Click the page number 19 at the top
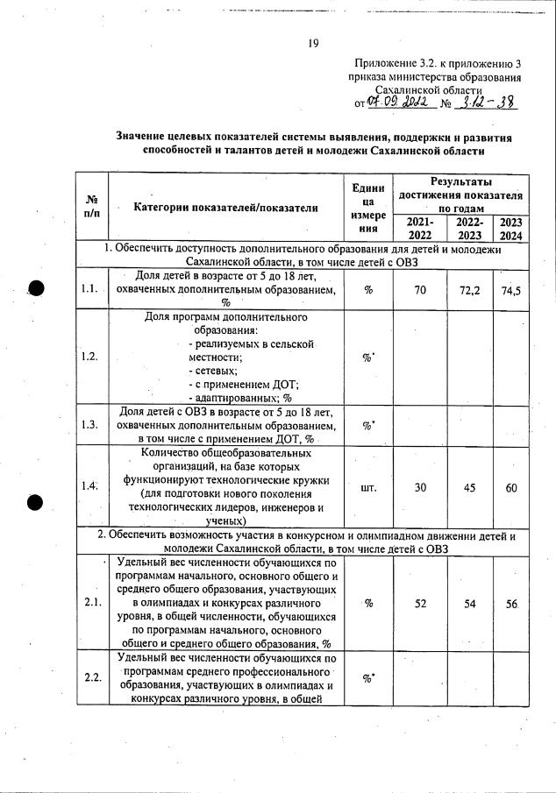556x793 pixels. click(312, 43)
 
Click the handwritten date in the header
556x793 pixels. click(396, 103)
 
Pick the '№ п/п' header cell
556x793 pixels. click(90, 207)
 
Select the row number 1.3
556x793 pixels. click(89, 425)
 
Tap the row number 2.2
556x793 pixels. click(90, 676)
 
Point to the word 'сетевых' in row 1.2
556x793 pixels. click(211, 371)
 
